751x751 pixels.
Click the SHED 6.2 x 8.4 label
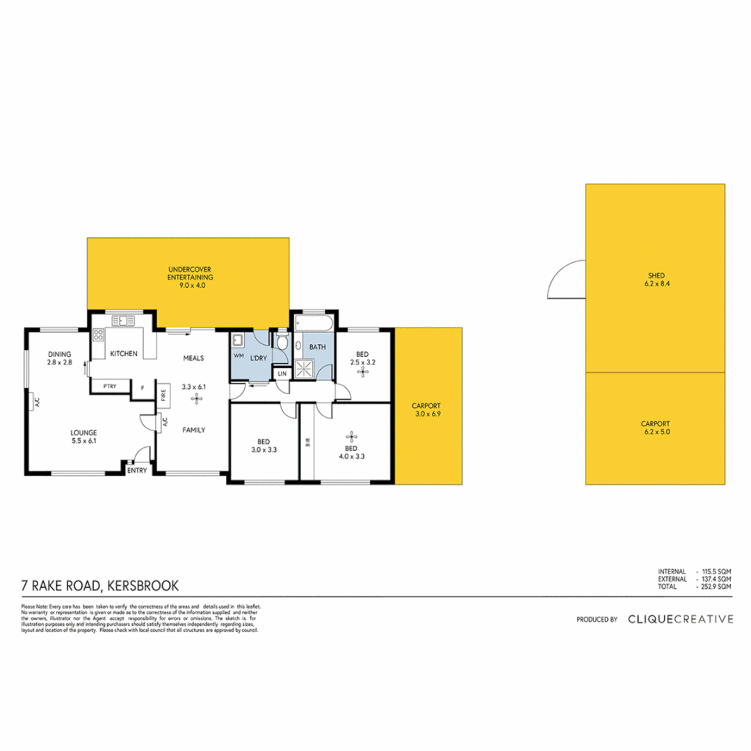click(654, 279)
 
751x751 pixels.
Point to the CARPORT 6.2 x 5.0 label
click(654, 427)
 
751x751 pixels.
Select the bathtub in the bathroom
click(313, 325)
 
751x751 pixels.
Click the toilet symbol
click(282, 340)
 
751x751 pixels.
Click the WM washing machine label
click(239, 355)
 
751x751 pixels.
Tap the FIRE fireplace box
click(163, 394)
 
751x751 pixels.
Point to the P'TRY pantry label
click(108, 386)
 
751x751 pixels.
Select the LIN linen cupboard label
click(282, 373)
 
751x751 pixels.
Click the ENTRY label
click(137, 470)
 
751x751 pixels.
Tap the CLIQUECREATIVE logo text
click(679, 618)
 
